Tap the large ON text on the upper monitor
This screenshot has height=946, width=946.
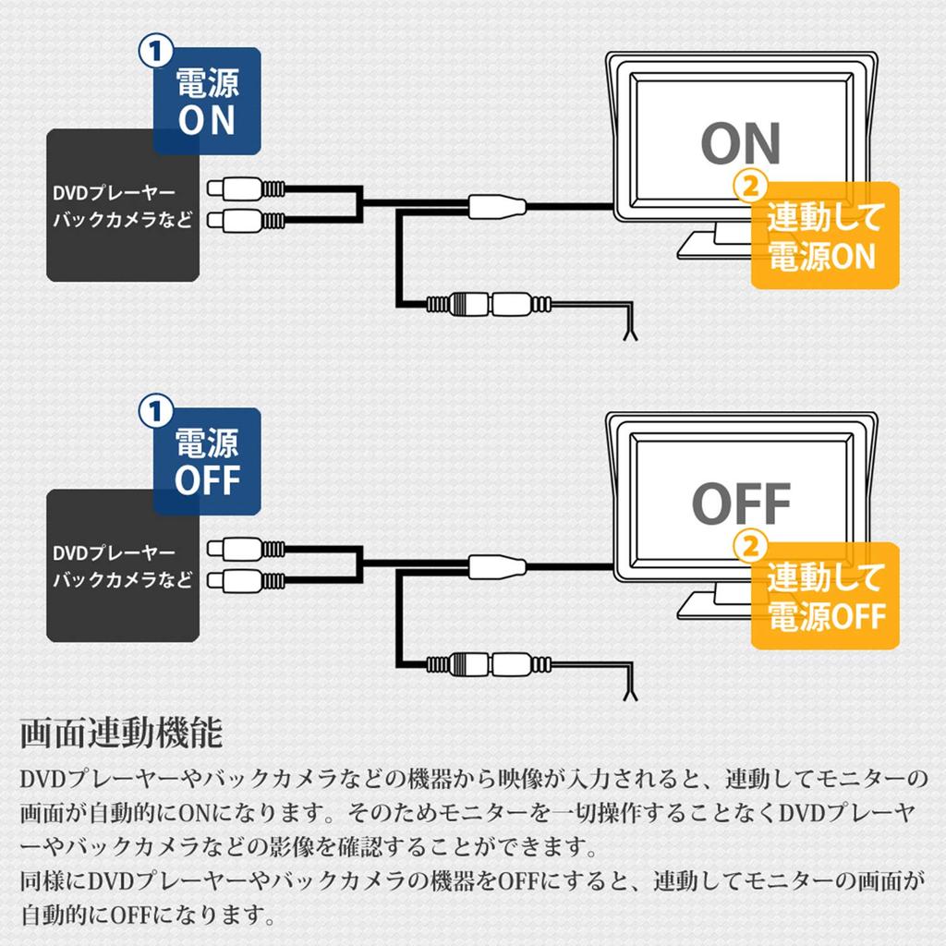pos(740,143)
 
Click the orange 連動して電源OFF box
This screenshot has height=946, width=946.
pos(826,597)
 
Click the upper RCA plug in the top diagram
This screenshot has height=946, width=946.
pos(245,188)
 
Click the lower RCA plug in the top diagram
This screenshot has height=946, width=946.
pos(245,220)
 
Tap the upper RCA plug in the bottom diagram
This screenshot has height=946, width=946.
pos(245,549)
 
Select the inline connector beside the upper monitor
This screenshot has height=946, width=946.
pos(496,204)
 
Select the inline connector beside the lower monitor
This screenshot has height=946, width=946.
pos(496,564)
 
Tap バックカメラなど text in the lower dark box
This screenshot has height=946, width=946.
pos(123,580)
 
